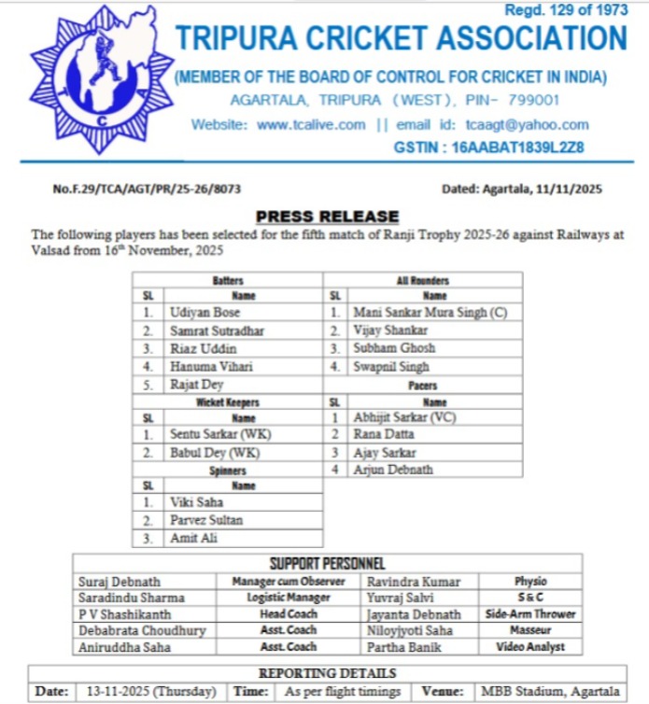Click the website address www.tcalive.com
click(311, 125)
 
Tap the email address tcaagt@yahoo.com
click(528, 125)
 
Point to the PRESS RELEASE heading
click(327, 217)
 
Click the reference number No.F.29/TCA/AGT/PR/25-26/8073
click(147, 189)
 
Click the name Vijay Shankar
click(391, 331)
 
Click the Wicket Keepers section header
click(228, 402)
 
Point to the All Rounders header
click(422, 280)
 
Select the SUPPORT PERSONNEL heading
click(327, 563)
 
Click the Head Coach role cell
click(288, 614)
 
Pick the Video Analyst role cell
click(530, 647)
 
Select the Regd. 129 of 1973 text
click(566, 10)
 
